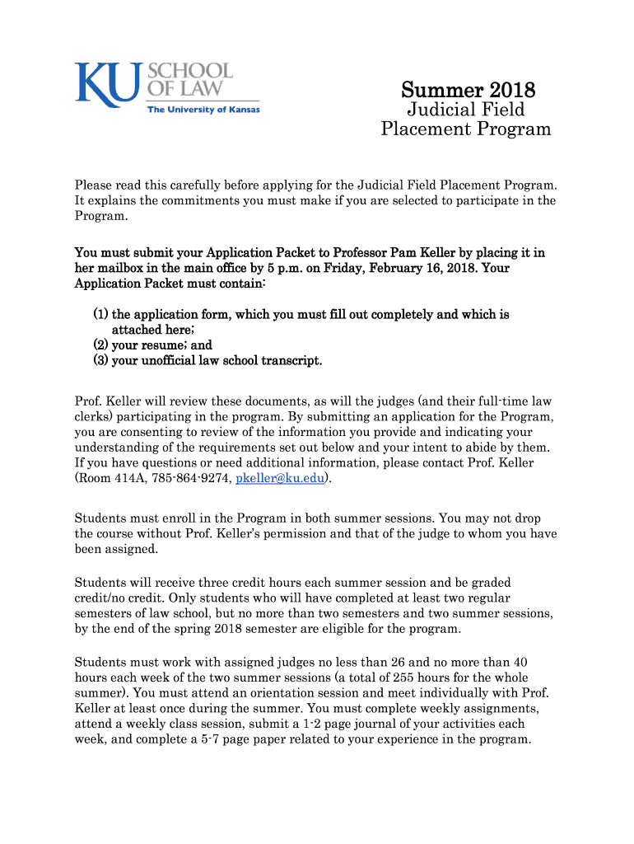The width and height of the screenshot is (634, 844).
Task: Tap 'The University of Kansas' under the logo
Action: click(x=203, y=110)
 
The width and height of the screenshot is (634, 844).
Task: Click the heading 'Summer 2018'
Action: click(x=468, y=89)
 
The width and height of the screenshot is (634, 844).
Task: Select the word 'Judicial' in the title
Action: click(x=441, y=110)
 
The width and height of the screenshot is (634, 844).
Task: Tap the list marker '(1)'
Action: click(x=100, y=315)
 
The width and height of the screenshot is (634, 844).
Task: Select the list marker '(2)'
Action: click(x=100, y=345)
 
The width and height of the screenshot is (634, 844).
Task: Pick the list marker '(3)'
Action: click(x=100, y=361)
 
